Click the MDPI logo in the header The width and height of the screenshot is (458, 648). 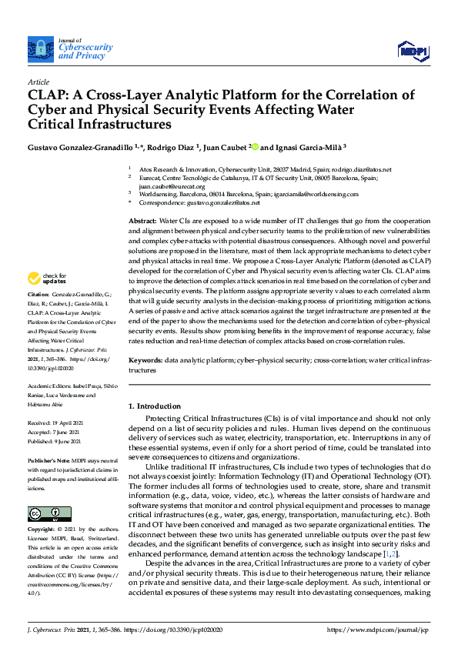point(412,50)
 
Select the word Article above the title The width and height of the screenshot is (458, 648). point(38,82)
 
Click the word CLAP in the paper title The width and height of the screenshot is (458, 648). point(50,95)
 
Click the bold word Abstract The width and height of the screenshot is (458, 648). point(142,221)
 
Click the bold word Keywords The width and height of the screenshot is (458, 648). point(145,359)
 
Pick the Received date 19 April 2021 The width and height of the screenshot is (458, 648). point(62,423)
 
